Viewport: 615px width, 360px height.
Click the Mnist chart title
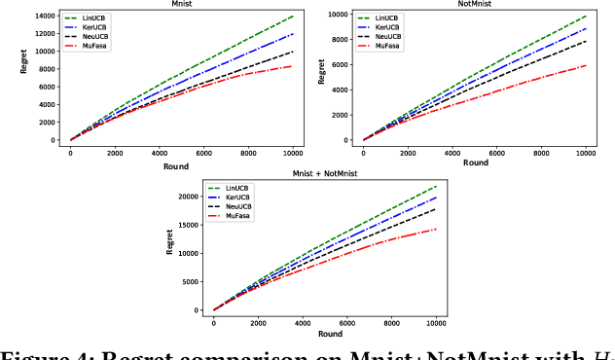click(x=181, y=5)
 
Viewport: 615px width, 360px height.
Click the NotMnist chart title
click(x=474, y=5)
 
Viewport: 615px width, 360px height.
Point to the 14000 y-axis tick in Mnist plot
click(x=43, y=17)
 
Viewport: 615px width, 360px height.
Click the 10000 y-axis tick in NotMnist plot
click(x=339, y=16)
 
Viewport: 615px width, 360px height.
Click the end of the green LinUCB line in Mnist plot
click(x=292, y=17)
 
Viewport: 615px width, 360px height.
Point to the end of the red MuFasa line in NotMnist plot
click(x=585, y=65)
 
